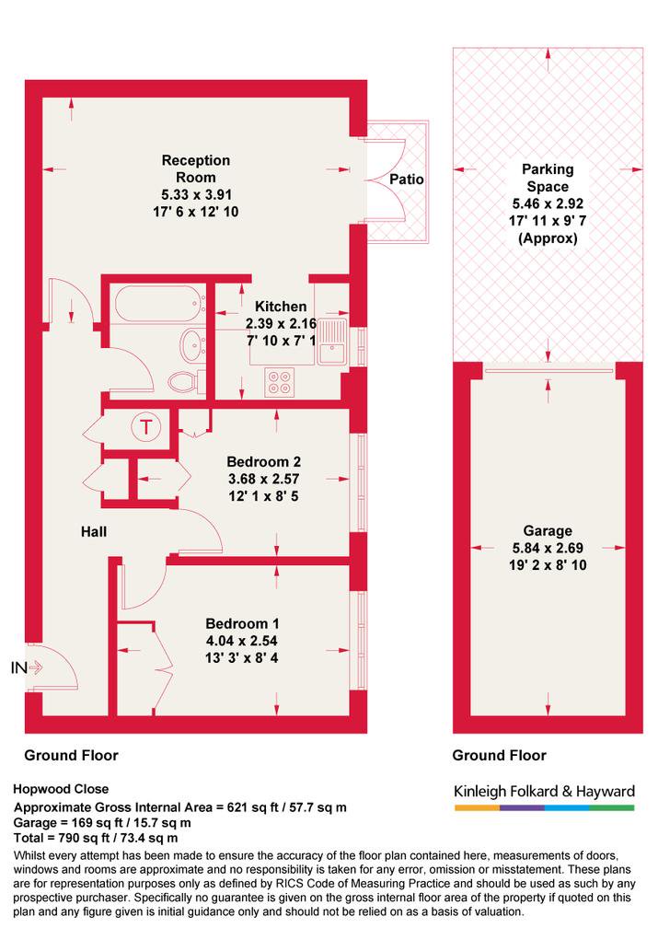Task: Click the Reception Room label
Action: (x=195, y=168)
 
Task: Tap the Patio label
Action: (x=407, y=179)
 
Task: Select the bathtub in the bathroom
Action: (x=158, y=303)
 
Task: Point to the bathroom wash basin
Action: (x=193, y=344)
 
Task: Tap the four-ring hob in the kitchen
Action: (x=280, y=382)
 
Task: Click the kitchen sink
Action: (x=332, y=341)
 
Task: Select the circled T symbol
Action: (x=146, y=427)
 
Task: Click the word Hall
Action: (x=93, y=532)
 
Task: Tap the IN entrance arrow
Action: (x=27, y=667)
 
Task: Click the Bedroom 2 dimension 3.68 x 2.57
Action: (x=263, y=479)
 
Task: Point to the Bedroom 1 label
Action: (x=242, y=623)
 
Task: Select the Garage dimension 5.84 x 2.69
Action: (x=548, y=549)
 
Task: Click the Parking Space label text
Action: (x=548, y=178)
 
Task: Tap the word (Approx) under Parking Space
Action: (x=548, y=238)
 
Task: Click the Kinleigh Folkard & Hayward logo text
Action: (x=544, y=791)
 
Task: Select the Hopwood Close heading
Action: (x=61, y=789)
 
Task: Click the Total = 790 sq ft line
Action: (x=95, y=838)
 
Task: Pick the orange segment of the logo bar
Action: (x=477, y=808)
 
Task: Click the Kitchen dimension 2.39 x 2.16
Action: (x=281, y=323)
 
